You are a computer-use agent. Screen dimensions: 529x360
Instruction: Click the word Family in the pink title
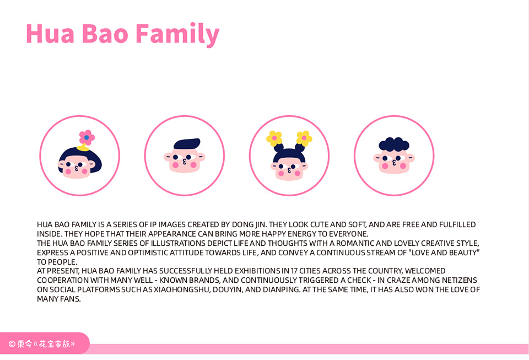click(177, 34)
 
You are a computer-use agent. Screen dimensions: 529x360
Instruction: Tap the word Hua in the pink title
click(50, 34)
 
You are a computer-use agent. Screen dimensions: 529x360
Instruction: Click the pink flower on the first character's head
click(87, 137)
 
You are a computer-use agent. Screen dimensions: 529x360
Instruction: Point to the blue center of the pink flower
click(87, 138)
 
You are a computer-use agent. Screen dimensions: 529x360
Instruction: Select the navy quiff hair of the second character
click(187, 144)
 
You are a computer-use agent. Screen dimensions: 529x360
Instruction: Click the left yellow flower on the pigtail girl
click(274, 138)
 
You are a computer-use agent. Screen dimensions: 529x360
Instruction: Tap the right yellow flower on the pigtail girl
click(304, 138)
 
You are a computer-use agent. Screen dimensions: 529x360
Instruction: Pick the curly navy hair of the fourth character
click(394, 144)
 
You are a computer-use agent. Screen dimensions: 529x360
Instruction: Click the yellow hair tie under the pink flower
click(83, 148)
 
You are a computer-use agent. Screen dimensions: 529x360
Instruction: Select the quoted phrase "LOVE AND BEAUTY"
click(444, 252)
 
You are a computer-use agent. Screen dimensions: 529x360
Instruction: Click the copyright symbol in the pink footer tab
click(12, 344)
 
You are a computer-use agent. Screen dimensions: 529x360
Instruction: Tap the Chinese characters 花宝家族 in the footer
click(55, 344)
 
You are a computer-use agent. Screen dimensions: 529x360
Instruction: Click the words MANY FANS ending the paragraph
click(59, 299)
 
